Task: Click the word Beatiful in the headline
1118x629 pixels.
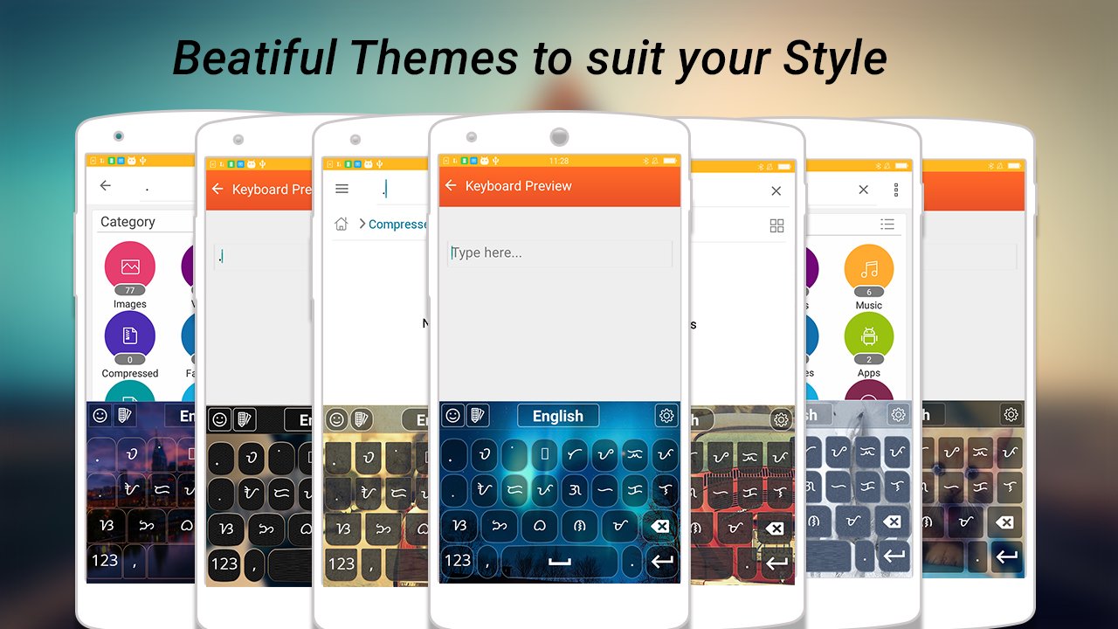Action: point(254,59)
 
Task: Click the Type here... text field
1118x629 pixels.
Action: point(559,253)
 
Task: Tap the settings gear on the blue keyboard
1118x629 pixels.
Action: point(666,416)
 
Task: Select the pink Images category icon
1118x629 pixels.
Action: point(130,266)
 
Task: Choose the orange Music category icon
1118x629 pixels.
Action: point(868,268)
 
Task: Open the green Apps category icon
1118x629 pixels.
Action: point(868,336)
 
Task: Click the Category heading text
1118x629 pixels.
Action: point(128,222)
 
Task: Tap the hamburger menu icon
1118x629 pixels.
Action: point(342,189)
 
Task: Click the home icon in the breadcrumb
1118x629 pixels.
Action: point(342,225)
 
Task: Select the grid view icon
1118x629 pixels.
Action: point(776,225)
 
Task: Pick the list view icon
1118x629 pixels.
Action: point(887,225)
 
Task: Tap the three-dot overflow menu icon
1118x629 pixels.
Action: point(896,190)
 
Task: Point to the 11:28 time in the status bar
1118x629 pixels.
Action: point(559,161)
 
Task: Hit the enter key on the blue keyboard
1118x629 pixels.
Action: point(663,561)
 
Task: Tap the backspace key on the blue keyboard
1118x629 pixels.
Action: point(661,526)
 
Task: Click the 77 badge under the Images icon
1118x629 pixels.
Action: point(130,290)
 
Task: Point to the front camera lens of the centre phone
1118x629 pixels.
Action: point(559,136)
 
